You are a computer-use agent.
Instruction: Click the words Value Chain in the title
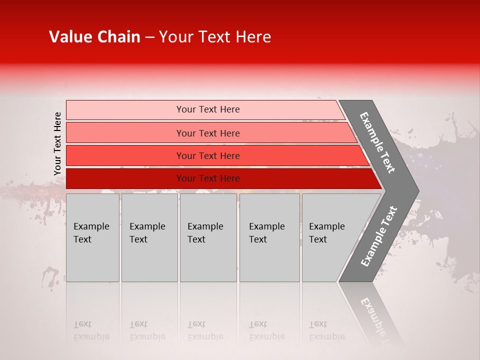(x=94, y=37)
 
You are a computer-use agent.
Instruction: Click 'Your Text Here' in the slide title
(x=215, y=37)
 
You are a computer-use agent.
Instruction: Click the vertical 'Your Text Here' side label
(x=57, y=143)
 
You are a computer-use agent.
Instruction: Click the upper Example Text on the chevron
(x=377, y=142)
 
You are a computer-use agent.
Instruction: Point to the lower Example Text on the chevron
(x=378, y=236)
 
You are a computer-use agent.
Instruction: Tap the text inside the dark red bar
(x=208, y=178)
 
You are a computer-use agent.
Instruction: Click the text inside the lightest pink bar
(x=208, y=109)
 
